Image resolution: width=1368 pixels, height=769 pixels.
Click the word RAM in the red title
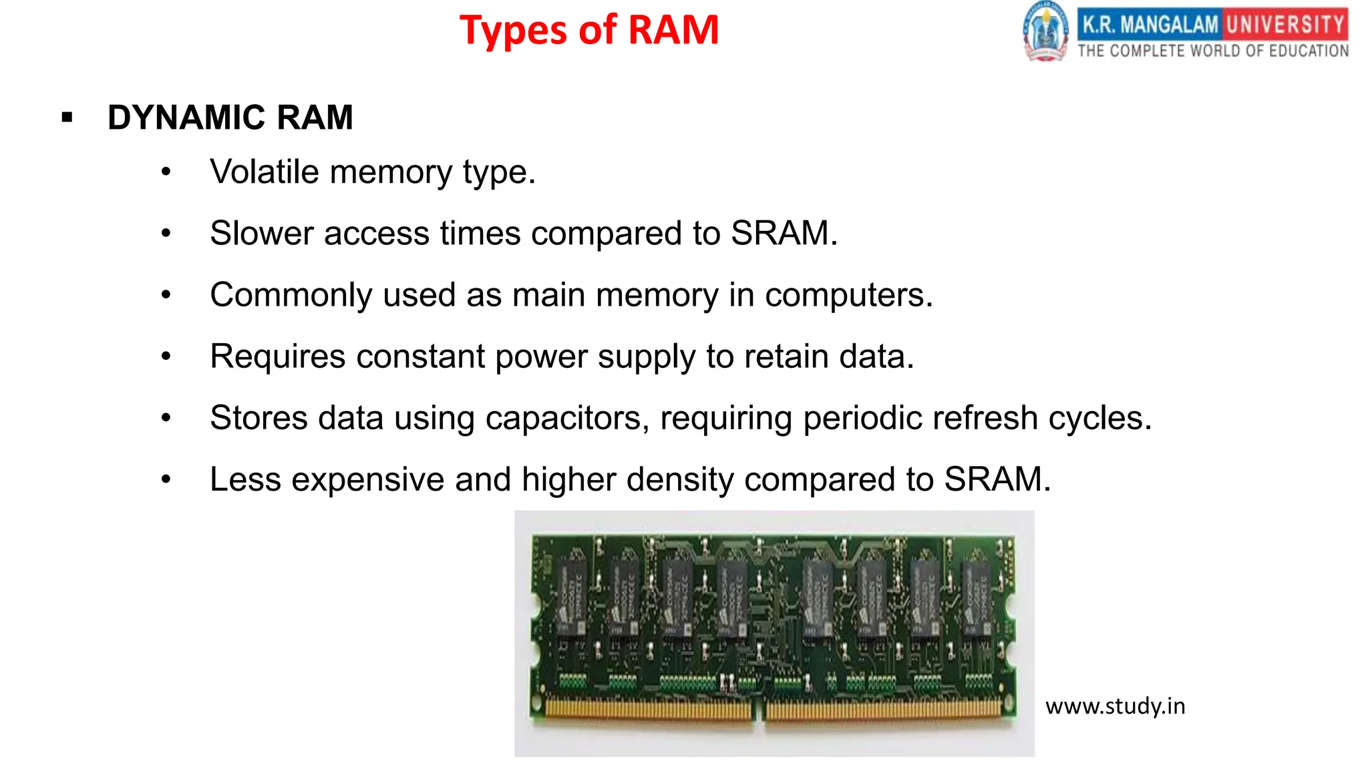pyautogui.click(x=673, y=31)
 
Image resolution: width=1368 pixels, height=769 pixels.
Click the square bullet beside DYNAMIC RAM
pyautogui.click(x=67, y=118)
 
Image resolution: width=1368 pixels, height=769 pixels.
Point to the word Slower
pyautogui.click(x=262, y=234)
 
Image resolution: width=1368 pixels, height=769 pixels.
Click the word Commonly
pyautogui.click(x=291, y=296)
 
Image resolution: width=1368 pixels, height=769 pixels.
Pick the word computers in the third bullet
pyautogui.click(x=848, y=295)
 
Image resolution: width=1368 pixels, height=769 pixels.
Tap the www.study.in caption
pyautogui.click(x=1115, y=706)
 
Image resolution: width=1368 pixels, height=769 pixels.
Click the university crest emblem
pyautogui.click(x=1045, y=32)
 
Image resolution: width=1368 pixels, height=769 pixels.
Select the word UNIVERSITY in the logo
pyautogui.click(x=1285, y=25)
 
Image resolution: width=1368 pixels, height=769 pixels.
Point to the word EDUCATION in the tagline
pyautogui.click(x=1309, y=51)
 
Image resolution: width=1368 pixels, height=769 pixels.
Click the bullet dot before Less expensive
pyautogui.click(x=166, y=479)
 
